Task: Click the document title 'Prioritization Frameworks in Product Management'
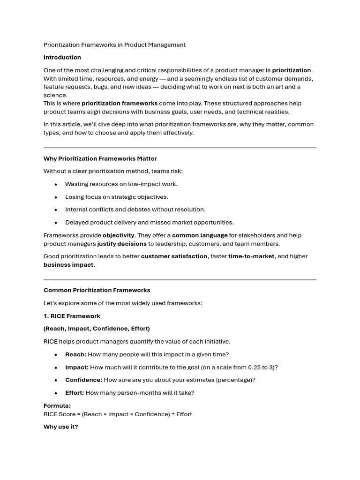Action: click(x=114, y=45)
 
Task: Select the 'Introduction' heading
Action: click(x=62, y=58)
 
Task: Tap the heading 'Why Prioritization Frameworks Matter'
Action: click(x=100, y=159)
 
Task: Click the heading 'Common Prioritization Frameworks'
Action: click(x=97, y=290)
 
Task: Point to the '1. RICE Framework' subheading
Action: click(x=72, y=316)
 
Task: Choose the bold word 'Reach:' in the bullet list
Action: click(x=75, y=354)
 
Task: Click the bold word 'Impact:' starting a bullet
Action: click(x=77, y=367)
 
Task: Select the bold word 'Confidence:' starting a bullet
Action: click(x=83, y=380)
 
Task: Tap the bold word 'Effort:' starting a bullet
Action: click(x=75, y=393)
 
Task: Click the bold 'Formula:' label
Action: click(x=57, y=406)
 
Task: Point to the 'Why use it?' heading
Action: click(x=61, y=427)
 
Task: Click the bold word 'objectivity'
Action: click(x=119, y=235)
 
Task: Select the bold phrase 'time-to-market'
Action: click(x=251, y=256)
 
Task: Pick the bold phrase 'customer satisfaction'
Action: click(x=174, y=256)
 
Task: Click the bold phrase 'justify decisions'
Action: click(x=122, y=244)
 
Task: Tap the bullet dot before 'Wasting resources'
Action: click(x=56, y=185)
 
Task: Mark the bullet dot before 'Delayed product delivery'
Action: click(x=56, y=223)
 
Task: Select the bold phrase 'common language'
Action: click(x=200, y=235)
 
